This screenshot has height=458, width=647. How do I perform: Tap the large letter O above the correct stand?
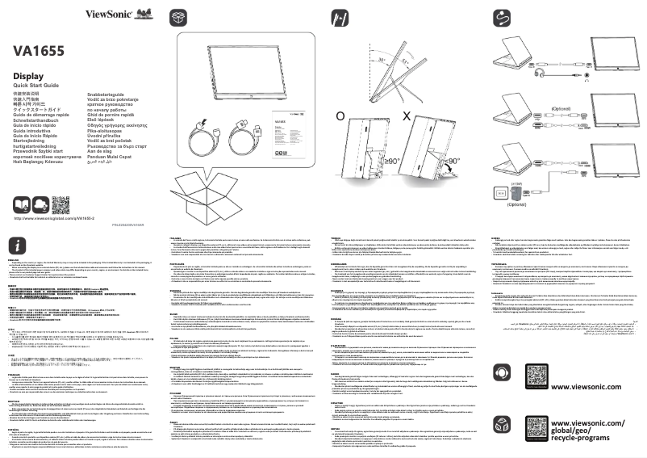(342, 116)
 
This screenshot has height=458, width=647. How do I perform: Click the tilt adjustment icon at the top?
(340, 17)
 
